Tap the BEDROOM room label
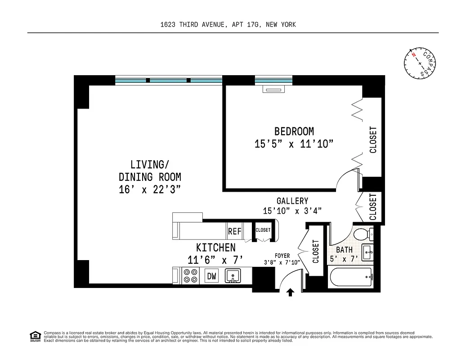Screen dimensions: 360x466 [x=294, y=131]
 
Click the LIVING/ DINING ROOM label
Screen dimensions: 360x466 [x=150, y=171]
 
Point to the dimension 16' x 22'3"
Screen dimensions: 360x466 [x=150, y=189]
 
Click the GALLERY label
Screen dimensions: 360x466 [x=292, y=201]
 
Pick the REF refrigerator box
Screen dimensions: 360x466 [x=235, y=232]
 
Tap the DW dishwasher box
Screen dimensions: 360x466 [x=211, y=276]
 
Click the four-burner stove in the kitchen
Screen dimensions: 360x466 [x=191, y=276]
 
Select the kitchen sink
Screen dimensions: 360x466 [x=233, y=275]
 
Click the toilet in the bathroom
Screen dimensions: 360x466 [x=363, y=234]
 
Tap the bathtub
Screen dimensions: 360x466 [x=351, y=278]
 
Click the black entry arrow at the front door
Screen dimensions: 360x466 [x=290, y=293]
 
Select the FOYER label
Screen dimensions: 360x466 [x=282, y=256]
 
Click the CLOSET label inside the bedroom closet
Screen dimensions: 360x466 [x=373, y=140]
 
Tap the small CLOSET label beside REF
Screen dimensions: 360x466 [x=263, y=230]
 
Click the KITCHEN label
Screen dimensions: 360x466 [x=215, y=247]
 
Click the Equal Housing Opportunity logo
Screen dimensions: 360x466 [x=35, y=336]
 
